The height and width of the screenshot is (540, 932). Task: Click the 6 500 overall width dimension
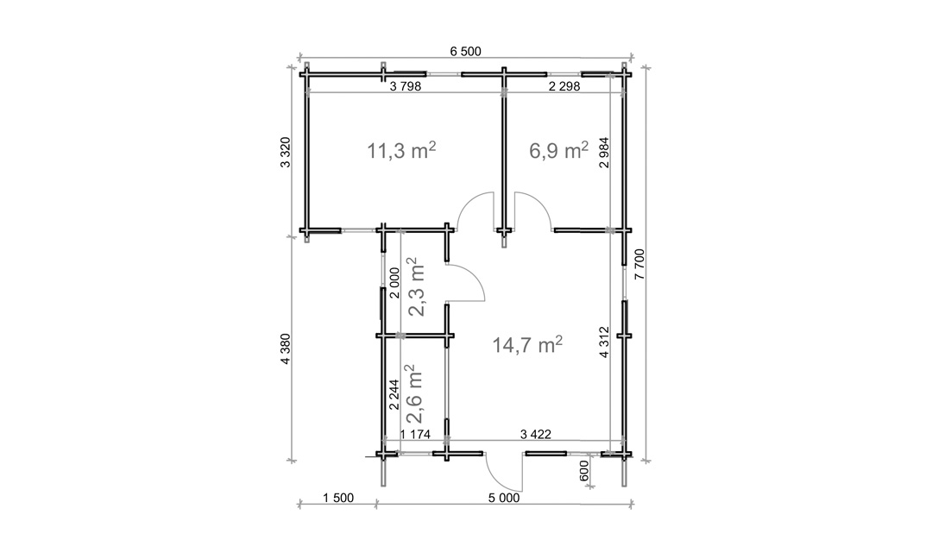click(x=465, y=52)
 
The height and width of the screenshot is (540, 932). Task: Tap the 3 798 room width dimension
click(x=406, y=86)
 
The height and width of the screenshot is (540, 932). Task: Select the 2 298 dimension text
click(x=564, y=86)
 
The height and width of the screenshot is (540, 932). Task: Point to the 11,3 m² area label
click(x=402, y=151)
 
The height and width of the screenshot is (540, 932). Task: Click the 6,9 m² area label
click(x=558, y=151)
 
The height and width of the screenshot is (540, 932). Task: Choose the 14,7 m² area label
click(x=528, y=344)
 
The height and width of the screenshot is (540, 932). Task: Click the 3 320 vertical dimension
click(x=286, y=153)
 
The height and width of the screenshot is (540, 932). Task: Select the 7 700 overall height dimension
click(x=639, y=264)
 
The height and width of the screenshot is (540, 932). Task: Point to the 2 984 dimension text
click(x=604, y=153)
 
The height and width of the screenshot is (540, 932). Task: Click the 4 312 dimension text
click(x=604, y=342)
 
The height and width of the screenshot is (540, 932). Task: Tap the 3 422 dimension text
click(x=536, y=434)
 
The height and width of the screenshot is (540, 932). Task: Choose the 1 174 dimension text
click(x=415, y=434)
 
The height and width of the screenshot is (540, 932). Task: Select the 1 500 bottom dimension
click(x=337, y=498)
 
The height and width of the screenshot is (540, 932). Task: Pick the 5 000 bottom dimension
click(x=504, y=498)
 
